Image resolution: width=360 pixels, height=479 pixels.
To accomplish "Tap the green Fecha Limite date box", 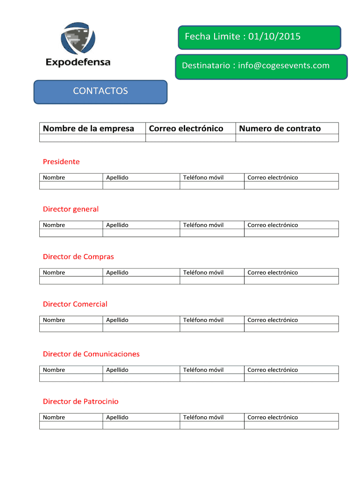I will pos(259,37).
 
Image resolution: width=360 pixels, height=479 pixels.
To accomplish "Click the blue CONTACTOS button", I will pos(100,91).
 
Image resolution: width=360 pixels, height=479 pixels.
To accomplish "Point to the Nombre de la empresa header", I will pos(88,128).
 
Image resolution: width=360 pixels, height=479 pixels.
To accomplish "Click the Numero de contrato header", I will pos(280,128).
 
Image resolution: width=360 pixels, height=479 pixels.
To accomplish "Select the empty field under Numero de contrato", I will pos(287,138).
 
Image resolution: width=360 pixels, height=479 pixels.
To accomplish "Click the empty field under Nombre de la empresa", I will pos(92,138).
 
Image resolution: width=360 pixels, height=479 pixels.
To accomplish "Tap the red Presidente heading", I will pos(61,162).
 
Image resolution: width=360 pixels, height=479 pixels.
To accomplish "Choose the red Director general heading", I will pos(71,209).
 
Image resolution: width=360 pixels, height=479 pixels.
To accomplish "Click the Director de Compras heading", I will pos(78,257).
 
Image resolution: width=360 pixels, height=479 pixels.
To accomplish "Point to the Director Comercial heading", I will pos(75,304).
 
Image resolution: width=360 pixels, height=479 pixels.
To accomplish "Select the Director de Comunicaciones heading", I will pos(91,354).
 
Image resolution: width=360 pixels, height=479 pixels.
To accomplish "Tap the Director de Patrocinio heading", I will pos(80,401).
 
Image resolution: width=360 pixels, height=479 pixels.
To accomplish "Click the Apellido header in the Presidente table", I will pos(117,178).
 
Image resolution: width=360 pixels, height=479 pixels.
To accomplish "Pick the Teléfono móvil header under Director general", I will pos(203,225).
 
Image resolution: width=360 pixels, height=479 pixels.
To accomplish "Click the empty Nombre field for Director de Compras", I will pos(71,281).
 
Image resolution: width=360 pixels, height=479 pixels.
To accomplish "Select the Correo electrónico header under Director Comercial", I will pos(273,320).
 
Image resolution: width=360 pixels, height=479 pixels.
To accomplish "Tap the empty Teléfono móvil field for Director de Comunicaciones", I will pos(212,378).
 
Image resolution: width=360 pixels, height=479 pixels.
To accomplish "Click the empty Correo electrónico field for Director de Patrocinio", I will pos(291,426).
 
